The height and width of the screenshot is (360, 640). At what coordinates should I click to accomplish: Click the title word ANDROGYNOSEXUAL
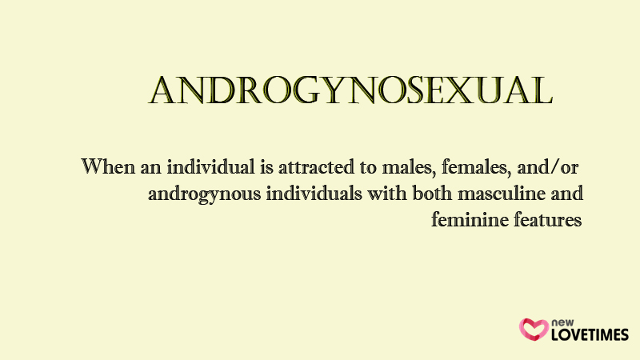click(x=350, y=90)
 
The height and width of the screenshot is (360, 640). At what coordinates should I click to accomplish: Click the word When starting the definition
click(x=108, y=166)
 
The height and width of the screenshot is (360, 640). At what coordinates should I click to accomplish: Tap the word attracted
click(x=316, y=167)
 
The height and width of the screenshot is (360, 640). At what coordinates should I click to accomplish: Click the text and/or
click(x=547, y=167)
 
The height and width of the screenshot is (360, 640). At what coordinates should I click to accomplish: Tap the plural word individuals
click(x=314, y=194)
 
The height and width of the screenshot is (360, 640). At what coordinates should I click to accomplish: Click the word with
click(x=387, y=194)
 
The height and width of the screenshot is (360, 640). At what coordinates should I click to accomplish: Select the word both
click(x=432, y=194)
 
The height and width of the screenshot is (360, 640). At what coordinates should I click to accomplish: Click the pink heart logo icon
click(x=534, y=330)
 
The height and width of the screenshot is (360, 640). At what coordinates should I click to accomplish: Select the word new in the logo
click(x=562, y=322)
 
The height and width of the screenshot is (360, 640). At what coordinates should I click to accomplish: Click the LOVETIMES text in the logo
click(x=590, y=334)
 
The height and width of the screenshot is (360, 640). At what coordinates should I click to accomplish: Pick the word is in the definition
click(x=266, y=167)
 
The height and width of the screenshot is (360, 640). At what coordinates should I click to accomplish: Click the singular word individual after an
click(x=210, y=167)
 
